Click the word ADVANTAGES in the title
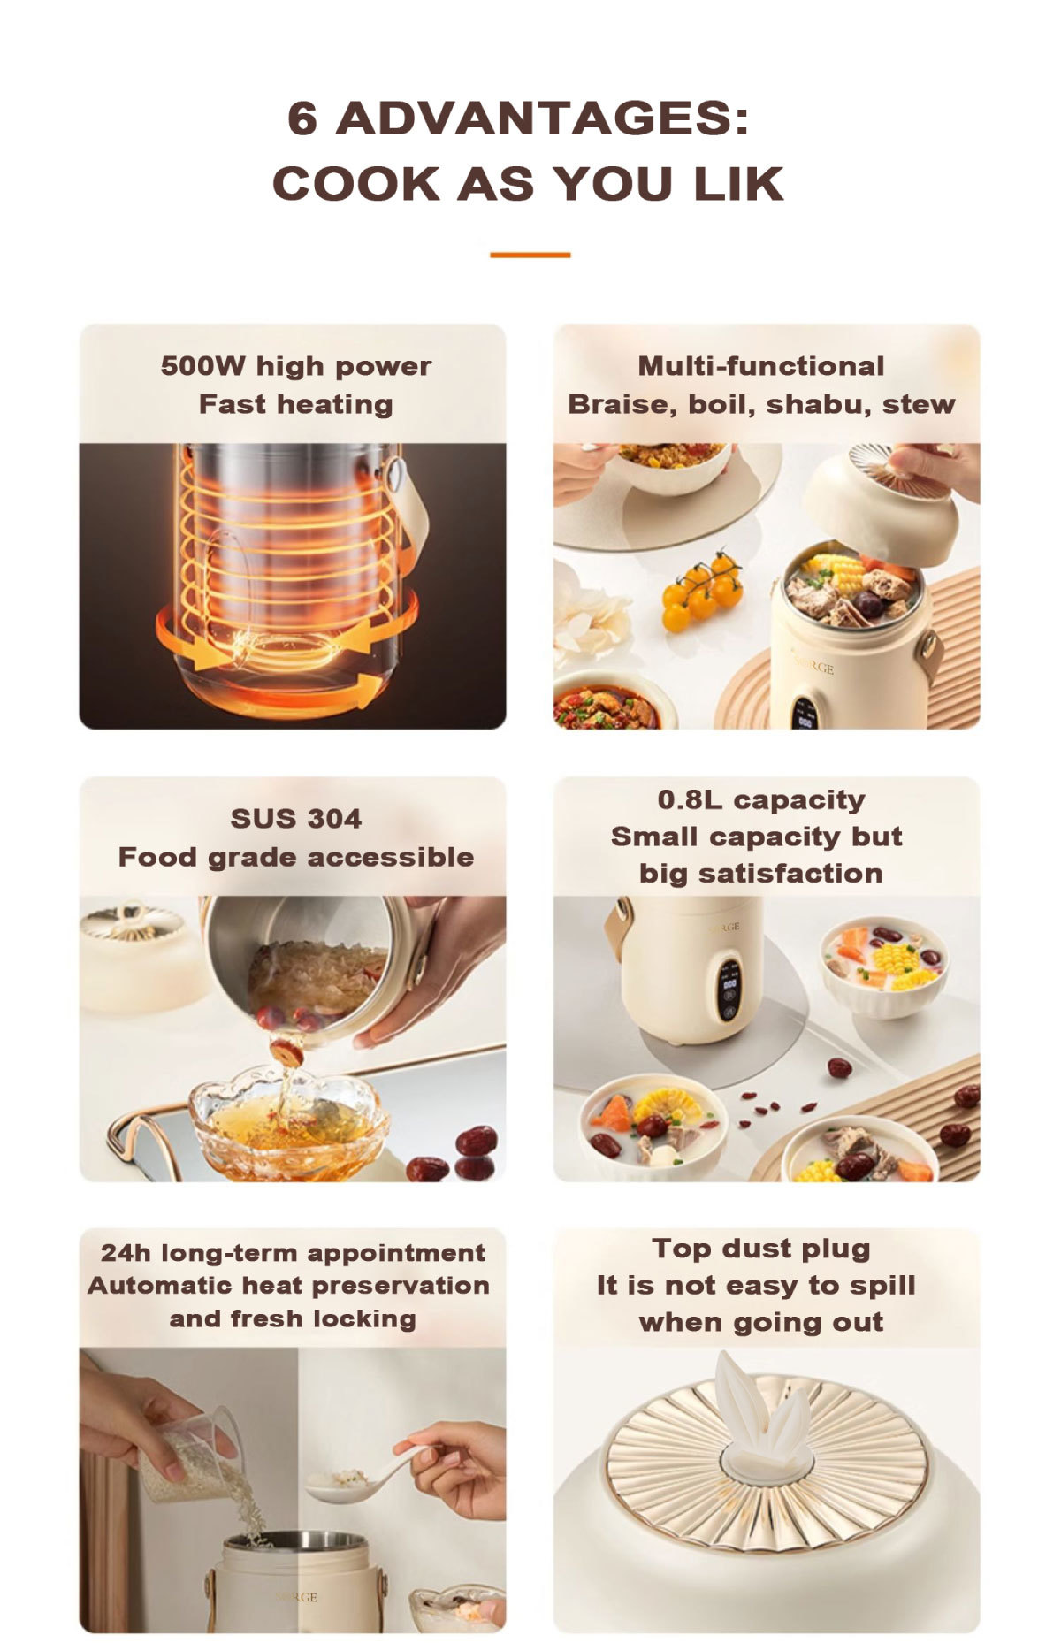point(542,118)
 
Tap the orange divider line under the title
point(530,255)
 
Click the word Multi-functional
point(761,366)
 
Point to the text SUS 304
point(296,819)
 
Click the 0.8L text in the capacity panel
point(689,799)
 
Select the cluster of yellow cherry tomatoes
point(702,590)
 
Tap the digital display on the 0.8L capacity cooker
point(730,988)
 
